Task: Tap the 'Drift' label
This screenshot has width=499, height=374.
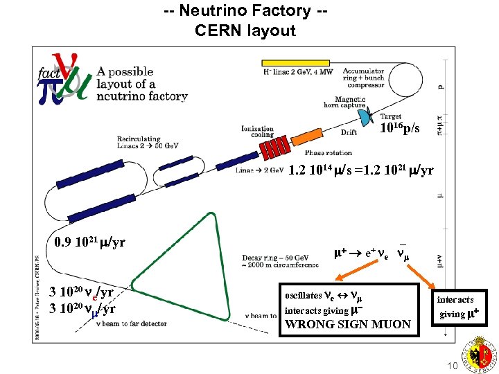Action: tap(349, 132)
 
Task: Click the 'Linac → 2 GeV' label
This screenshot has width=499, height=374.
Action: tap(259, 170)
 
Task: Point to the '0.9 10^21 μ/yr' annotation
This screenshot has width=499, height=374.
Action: tap(89, 242)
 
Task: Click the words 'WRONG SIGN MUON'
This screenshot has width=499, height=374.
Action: tap(347, 324)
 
